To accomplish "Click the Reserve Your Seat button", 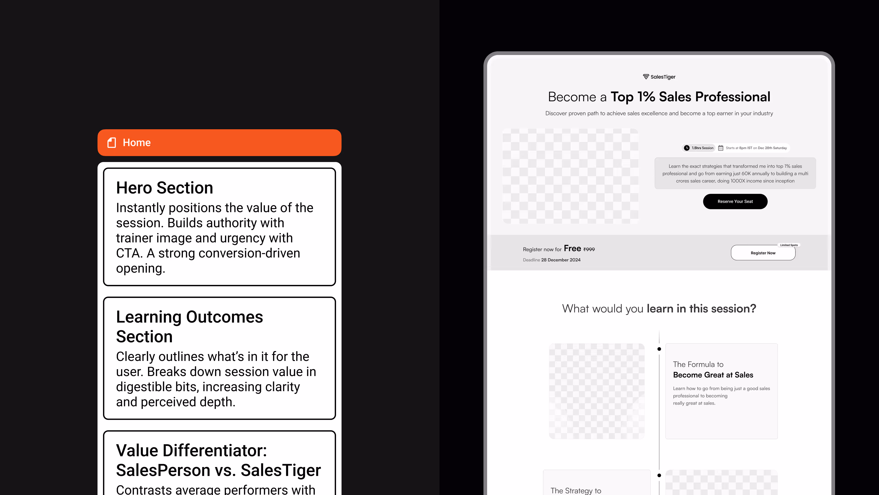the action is pos(735,202).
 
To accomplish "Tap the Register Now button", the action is pos(763,253).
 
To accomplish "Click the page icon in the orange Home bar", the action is pos(111,143).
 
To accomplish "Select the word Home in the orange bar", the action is pos(136,143).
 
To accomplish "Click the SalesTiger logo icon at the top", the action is pos(646,77).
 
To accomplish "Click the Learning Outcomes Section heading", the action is pos(189,327).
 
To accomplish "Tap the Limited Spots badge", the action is pos(789,245).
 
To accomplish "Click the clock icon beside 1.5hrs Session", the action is pos(686,148).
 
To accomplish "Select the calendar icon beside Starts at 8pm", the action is pos(721,148).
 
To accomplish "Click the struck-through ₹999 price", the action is pos(589,249).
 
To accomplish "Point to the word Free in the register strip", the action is pos(572,248).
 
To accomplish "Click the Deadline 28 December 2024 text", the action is pos(551,260).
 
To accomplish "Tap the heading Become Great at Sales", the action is pos(713,375).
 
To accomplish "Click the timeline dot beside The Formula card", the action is pos(659,349).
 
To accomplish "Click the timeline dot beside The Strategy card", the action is pos(659,475).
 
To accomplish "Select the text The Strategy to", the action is pos(576,491).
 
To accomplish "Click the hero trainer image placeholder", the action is pos(570,176).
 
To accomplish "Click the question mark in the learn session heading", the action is pos(753,308).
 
